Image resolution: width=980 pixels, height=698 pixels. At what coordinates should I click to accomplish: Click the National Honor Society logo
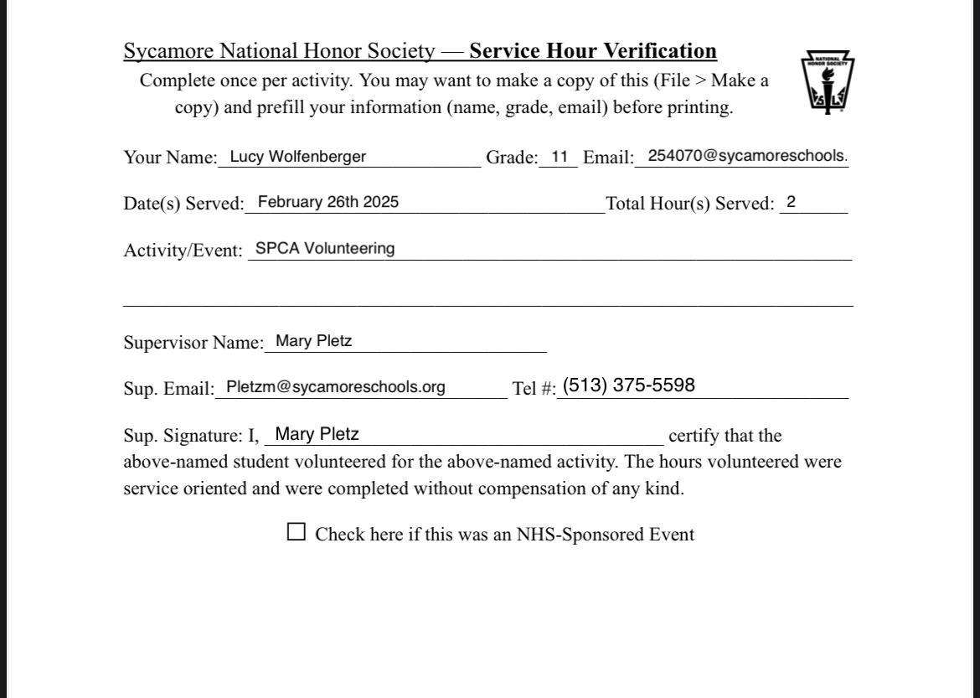(828, 82)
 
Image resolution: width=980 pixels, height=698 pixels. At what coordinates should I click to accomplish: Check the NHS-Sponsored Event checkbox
(297, 532)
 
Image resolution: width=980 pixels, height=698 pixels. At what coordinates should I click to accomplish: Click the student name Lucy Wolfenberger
(297, 157)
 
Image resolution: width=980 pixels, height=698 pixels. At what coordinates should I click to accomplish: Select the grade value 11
(560, 157)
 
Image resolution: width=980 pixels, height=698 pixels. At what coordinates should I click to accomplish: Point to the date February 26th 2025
(328, 202)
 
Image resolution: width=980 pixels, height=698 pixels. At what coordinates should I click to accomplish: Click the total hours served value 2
(791, 202)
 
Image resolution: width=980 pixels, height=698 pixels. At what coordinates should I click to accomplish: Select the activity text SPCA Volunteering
(325, 249)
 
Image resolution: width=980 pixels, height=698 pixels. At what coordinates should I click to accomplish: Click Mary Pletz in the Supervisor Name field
(314, 341)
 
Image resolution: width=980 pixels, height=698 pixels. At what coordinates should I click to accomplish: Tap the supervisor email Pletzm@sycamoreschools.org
(336, 387)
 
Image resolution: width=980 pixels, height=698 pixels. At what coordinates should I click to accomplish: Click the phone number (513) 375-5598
(628, 385)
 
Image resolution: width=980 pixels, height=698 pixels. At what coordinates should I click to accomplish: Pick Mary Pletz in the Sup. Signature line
(317, 434)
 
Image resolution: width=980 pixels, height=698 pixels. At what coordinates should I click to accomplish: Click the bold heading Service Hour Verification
(593, 51)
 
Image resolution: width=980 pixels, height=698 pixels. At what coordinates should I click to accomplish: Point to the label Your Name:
(170, 158)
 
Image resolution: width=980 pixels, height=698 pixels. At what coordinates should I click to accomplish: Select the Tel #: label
(534, 389)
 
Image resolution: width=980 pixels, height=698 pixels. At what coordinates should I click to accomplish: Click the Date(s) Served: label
(183, 204)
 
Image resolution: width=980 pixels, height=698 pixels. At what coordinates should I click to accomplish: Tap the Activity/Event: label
(183, 251)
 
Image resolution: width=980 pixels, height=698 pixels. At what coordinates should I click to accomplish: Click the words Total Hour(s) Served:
(690, 204)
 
